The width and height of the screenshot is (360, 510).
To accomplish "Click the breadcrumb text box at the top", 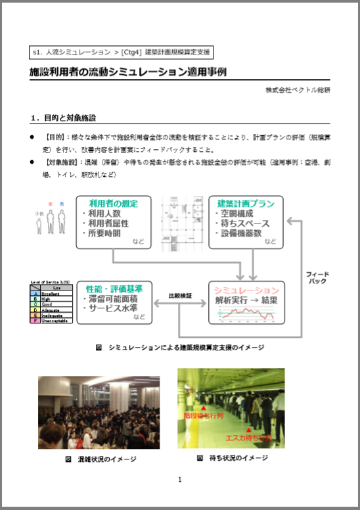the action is coord(122,51).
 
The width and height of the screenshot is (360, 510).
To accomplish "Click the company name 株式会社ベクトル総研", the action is coord(297,89).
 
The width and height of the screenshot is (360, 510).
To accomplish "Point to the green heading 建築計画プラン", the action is coord(245,204).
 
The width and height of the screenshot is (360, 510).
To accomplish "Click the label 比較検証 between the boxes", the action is coord(179,296).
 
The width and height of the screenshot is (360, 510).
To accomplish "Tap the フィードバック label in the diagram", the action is coord(317,277).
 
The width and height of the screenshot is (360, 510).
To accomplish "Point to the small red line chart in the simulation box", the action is coord(245,314).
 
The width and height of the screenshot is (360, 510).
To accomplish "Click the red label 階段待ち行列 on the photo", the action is coord(204,416).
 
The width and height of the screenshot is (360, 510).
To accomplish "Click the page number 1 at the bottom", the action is coord(179,480).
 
